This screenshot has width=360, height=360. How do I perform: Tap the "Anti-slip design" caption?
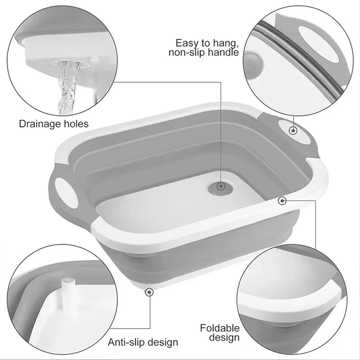coord(143,342)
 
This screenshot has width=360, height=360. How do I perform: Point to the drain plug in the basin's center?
coord(220,186)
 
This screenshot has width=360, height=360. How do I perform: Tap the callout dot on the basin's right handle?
coord(293,131)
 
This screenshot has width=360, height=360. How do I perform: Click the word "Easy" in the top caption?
coord(185,43)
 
